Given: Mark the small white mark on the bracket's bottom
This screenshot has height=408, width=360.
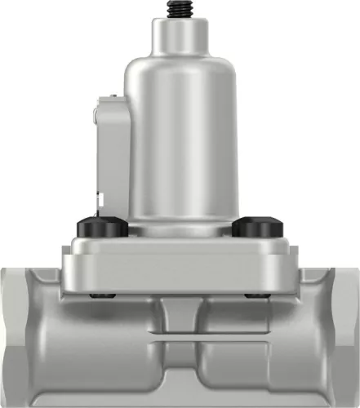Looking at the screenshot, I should (99, 198).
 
